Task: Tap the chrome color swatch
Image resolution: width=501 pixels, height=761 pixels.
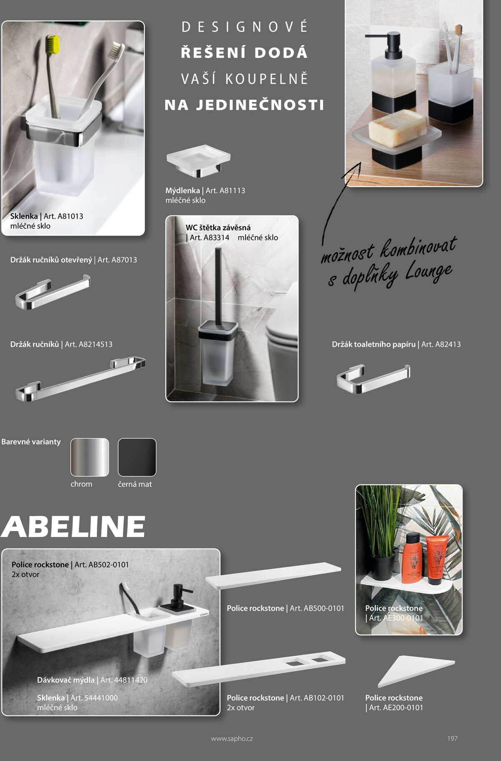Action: pos(89,457)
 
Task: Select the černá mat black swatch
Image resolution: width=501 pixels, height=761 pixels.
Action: pos(137,457)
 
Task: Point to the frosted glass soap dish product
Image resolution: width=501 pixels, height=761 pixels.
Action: pos(199,160)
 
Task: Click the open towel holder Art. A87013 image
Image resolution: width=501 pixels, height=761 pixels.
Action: pos(53,292)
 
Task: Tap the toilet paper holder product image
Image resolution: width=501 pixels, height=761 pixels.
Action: pos(373,378)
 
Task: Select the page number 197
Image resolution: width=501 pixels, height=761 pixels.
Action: pos(452,738)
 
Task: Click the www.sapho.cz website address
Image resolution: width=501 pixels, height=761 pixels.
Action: pos(232,738)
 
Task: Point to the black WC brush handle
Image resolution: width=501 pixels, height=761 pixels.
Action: pos(218,284)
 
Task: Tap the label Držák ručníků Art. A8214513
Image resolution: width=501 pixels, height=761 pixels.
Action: pos(61,344)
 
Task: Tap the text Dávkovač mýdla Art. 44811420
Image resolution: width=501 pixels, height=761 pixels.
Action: pos(92,680)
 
